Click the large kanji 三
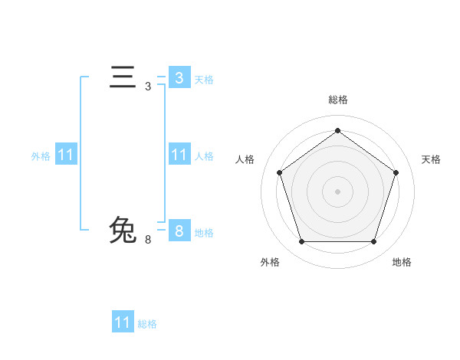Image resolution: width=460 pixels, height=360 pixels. (123, 78)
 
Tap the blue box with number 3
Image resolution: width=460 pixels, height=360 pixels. (179, 77)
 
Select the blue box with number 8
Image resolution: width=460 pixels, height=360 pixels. (179, 231)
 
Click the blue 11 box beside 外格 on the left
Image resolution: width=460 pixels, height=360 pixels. (66, 155)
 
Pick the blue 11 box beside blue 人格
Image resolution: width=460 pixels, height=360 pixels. (179, 155)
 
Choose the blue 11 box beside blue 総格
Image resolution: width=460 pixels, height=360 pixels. (123, 322)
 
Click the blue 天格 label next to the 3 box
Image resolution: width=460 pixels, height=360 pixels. (204, 79)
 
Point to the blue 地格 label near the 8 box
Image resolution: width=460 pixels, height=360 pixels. (204, 233)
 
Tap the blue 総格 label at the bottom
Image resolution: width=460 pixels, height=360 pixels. (147, 324)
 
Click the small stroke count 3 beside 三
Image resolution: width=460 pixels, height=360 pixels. (148, 87)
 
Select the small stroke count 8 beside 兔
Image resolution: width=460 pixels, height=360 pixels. (148, 240)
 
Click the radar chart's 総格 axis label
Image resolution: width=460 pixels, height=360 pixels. (337, 100)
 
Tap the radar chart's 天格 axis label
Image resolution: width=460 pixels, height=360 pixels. (431, 159)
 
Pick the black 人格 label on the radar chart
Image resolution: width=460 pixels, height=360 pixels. (245, 159)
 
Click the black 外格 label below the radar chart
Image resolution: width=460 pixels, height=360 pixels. (270, 262)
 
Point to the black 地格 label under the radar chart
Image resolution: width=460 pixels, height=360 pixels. (402, 262)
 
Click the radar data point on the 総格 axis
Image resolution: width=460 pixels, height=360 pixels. (337, 131)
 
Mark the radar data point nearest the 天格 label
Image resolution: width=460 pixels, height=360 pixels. (396, 172)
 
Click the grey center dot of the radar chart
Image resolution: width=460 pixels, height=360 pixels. (337, 191)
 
